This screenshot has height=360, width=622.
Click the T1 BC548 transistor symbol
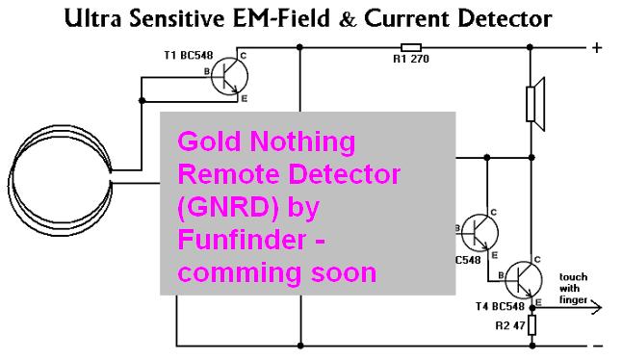[229, 76]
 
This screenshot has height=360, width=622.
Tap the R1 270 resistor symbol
[410, 47]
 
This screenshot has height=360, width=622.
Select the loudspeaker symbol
[535, 104]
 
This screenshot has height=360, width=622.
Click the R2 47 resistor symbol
[532, 325]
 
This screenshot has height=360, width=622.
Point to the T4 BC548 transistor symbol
[524, 279]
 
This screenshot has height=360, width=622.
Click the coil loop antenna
[60, 180]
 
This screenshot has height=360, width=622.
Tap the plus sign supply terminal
[597, 47]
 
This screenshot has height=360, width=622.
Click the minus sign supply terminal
[597, 347]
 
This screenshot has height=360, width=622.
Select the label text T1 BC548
[189, 55]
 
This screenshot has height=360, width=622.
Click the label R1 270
[411, 59]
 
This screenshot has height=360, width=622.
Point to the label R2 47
[510, 326]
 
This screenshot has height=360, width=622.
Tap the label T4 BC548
[500, 306]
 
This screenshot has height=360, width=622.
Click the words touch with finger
[573, 288]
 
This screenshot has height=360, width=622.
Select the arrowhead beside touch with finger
[596, 307]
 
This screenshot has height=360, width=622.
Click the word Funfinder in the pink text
[242, 239]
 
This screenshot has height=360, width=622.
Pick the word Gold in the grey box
[209, 141]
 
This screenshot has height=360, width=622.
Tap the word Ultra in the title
[92, 18]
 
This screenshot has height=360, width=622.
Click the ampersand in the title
[348, 19]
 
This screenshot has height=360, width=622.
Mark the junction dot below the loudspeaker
[531, 158]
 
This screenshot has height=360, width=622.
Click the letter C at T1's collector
[244, 56]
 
